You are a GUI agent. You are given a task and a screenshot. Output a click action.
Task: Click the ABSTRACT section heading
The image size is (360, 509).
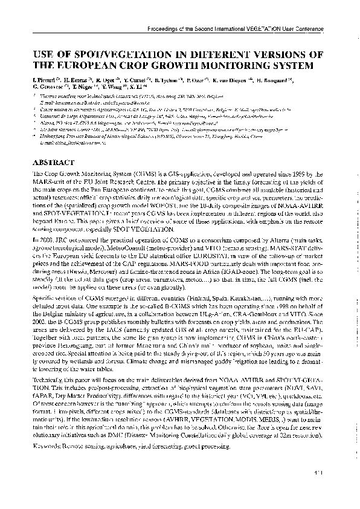53,163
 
